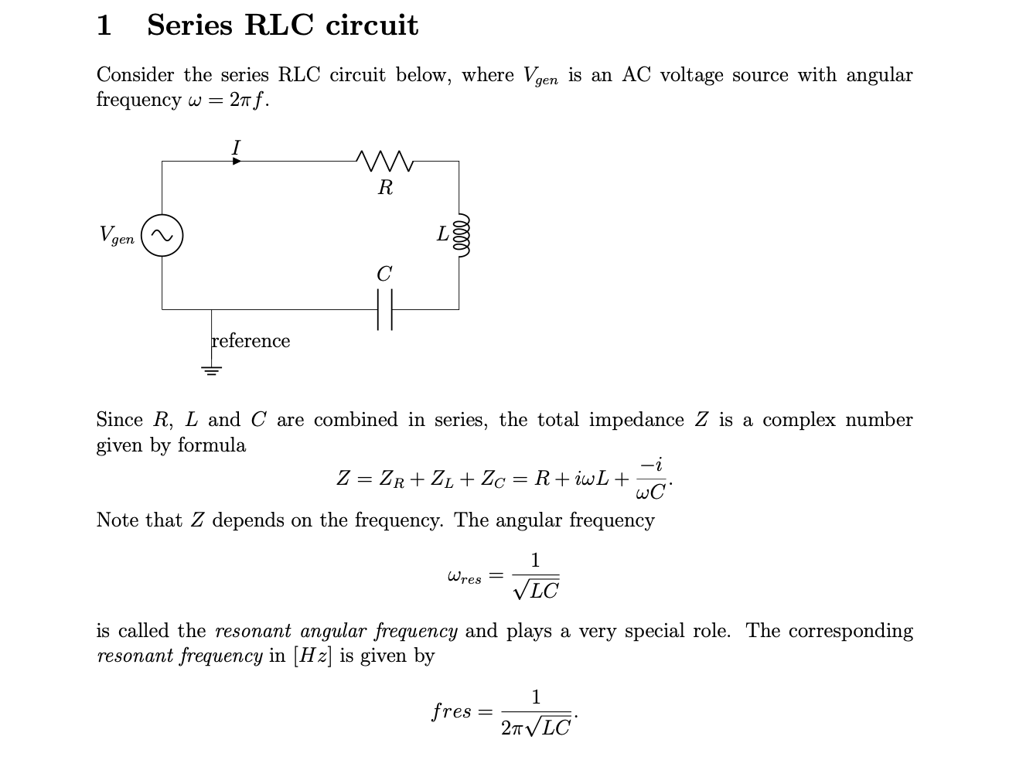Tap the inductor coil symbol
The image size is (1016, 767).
click(x=462, y=234)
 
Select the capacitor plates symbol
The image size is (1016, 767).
click(x=385, y=309)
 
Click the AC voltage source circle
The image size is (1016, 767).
click(x=162, y=235)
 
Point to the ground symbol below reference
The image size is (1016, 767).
click(x=212, y=370)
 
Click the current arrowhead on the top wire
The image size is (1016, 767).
click(x=237, y=161)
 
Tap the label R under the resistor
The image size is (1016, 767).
click(x=385, y=187)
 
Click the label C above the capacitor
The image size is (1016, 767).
click(x=384, y=274)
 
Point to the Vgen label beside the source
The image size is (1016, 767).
click(x=117, y=235)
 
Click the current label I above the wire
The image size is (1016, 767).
click(x=237, y=147)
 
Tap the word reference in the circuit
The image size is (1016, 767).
click(x=251, y=341)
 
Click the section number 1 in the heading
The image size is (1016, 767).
click(x=104, y=26)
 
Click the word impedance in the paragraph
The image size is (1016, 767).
click(x=636, y=420)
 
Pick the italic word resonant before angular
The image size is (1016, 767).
click(x=253, y=631)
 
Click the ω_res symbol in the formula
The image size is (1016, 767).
click(x=464, y=577)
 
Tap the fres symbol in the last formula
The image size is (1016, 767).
click(x=452, y=711)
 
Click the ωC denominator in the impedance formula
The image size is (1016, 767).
click(x=649, y=493)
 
